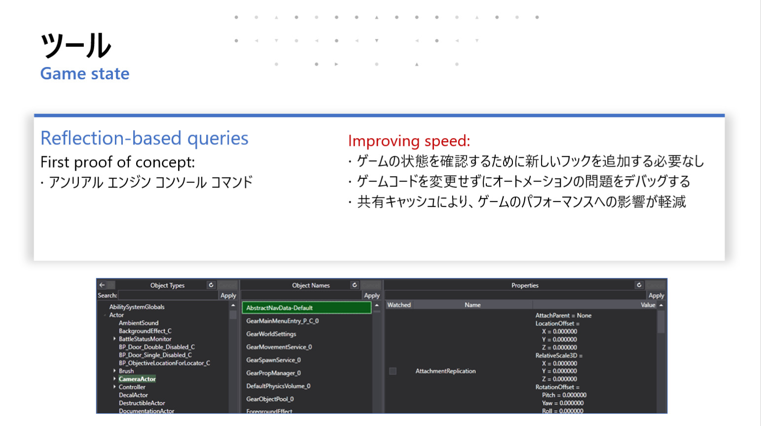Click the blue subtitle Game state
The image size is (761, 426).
click(x=85, y=73)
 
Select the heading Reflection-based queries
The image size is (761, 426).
click(x=145, y=138)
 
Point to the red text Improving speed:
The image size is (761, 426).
click(x=409, y=141)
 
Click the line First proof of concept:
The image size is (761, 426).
click(x=117, y=162)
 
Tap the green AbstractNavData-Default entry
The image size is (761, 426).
click(x=306, y=308)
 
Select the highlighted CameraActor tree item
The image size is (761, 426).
click(x=137, y=379)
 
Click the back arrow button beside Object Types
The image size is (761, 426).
click(x=102, y=285)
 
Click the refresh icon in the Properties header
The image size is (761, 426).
click(x=639, y=285)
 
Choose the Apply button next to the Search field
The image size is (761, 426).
click(x=228, y=295)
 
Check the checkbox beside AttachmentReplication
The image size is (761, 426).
click(x=393, y=371)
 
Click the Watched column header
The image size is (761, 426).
click(x=399, y=305)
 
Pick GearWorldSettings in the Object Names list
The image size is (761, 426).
click(x=271, y=334)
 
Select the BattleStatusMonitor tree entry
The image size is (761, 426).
click(x=145, y=339)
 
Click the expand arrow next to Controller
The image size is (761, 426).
click(x=114, y=387)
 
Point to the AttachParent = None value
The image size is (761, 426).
click(x=563, y=315)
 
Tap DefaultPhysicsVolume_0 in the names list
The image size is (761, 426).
click(x=278, y=386)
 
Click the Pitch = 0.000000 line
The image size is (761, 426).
click(x=564, y=395)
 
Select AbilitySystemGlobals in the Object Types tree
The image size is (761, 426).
click(x=137, y=307)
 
